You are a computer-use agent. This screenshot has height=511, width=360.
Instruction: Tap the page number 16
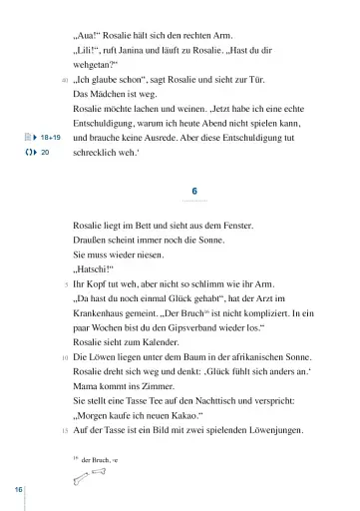pyautogui.click(x=18, y=490)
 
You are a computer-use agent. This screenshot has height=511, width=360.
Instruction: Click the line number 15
pyautogui.click(x=64, y=402)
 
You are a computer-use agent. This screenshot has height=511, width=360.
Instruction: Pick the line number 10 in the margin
pyautogui.click(x=64, y=356)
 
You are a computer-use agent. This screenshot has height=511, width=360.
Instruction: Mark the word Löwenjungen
pyautogui.click(x=276, y=401)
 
